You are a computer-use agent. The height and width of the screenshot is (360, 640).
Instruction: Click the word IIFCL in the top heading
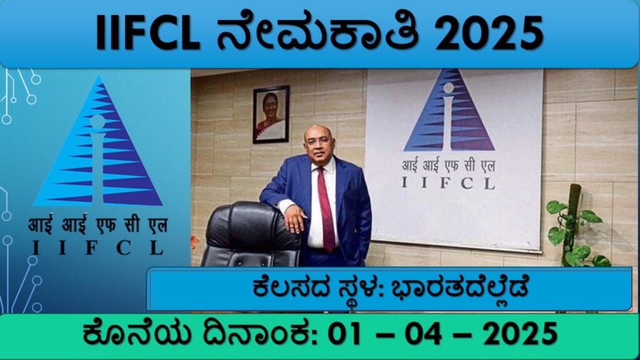147,33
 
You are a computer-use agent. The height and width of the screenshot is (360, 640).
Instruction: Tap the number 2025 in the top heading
489,33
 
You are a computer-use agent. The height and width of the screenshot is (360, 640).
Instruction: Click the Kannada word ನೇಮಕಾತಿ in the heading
318,32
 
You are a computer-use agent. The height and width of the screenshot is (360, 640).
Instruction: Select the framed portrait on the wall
271,114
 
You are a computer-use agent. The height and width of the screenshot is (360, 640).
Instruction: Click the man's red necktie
326,209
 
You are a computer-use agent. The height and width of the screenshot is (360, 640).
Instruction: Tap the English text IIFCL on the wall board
448,183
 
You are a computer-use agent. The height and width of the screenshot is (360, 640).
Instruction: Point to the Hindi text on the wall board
448,166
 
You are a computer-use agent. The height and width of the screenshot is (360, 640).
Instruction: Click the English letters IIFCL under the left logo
98,247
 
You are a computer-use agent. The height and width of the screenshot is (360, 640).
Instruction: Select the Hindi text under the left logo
98,225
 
